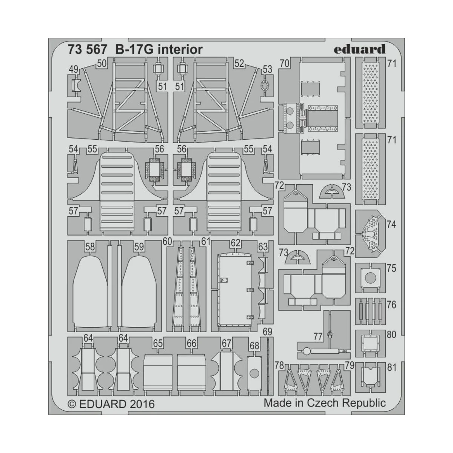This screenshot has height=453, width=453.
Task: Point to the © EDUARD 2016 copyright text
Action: [111, 404]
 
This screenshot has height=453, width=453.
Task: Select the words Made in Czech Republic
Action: [324, 403]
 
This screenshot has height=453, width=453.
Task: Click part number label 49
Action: [73, 69]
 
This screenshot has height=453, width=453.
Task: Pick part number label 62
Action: [236, 243]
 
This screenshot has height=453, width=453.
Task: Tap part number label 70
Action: [285, 63]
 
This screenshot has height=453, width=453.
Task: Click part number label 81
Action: [391, 367]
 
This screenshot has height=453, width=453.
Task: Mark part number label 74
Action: [391, 224]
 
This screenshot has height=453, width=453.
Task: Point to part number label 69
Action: [267, 332]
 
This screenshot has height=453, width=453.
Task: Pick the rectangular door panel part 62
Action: [234, 290]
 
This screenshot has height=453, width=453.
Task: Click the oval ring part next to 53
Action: [265, 85]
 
